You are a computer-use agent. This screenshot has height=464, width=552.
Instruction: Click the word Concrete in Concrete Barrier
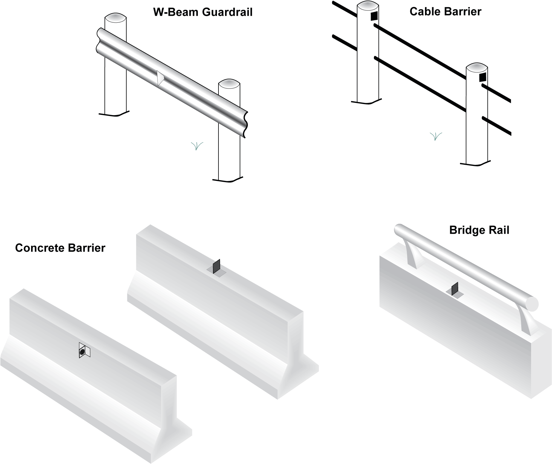[41, 248]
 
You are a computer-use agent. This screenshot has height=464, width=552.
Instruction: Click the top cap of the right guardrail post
[229, 83]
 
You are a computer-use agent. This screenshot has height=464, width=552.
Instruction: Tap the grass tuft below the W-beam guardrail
[197, 146]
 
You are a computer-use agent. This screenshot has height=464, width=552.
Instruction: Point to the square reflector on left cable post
[374, 16]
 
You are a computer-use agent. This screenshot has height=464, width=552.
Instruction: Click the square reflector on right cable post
[482, 77]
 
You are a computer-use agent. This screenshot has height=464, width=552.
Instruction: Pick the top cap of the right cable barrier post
[477, 67]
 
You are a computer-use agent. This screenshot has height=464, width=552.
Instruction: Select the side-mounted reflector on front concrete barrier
[83, 350]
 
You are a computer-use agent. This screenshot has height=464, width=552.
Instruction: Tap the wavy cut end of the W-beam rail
[246, 124]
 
